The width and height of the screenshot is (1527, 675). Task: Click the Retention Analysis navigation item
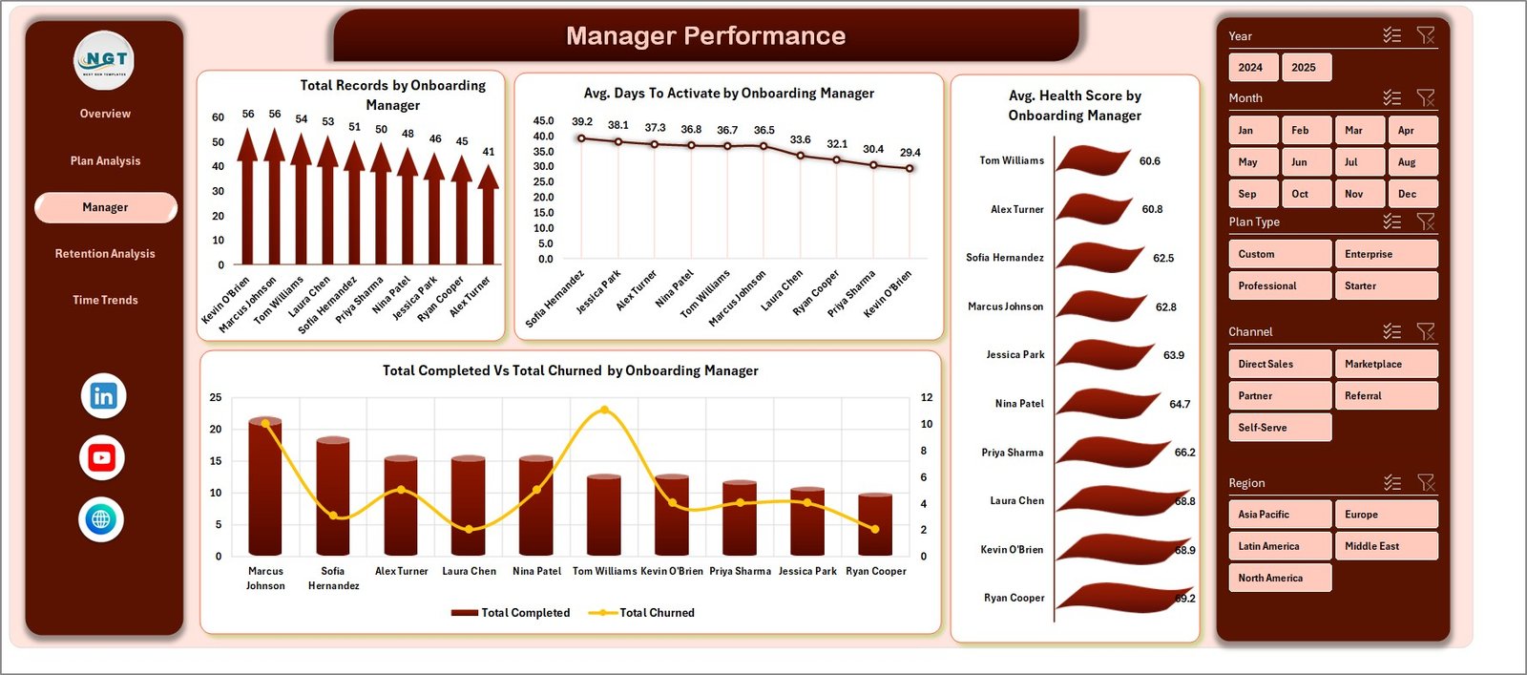click(105, 254)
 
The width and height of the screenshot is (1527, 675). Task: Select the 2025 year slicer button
click(1305, 68)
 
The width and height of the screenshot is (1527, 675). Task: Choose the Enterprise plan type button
click(1385, 254)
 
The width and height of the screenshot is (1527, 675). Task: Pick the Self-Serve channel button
click(1279, 428)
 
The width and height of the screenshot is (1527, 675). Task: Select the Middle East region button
click(1385, 546)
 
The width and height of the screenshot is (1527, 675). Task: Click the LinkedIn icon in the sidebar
click(103, 396)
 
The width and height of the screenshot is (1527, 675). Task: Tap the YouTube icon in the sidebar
click(102, 458)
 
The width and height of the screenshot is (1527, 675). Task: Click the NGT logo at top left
click(104, 61)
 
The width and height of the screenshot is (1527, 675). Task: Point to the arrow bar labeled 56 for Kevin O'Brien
click(247, 200)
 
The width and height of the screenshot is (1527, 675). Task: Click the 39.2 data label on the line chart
click(582, 122)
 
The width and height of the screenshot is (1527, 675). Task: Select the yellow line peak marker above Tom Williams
click(604, 411)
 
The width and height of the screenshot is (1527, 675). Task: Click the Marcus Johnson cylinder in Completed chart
click(265, 487)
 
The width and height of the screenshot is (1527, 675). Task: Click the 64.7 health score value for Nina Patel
click(1180, 405)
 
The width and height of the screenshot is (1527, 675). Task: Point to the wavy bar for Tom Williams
click(1093, 160)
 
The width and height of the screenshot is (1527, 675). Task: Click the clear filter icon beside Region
click(1426, 483)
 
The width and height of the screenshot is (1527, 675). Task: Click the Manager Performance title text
click(705, 36)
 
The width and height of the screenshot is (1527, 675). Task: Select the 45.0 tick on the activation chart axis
click(543, 121)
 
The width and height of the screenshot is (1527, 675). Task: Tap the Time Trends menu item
click(105, 301)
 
